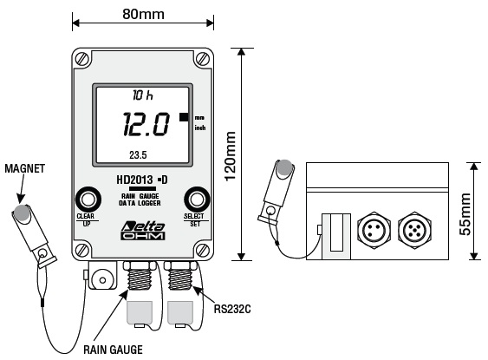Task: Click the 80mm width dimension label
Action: point(143,14)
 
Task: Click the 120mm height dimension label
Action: point(231,156)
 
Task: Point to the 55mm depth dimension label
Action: point(465,214)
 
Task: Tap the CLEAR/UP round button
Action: point(88,200)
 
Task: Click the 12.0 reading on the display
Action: point(146,124)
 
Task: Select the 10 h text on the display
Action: point(143,95)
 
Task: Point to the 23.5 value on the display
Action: point(138,154)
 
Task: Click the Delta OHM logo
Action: point(143,231)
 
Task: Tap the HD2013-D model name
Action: point(142,180)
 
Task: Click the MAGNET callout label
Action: point(25,168)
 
